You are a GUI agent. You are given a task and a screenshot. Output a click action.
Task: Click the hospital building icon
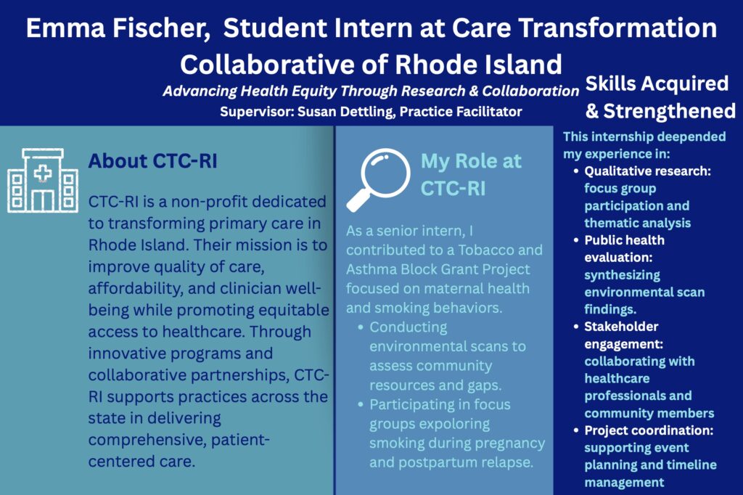[x=43, y=180]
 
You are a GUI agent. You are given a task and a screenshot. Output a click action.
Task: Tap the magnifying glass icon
[x=379, y=179]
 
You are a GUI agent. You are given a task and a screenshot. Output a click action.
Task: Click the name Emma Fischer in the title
[x=118, y=28]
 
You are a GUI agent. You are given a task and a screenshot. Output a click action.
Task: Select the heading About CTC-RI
[x=152, y=160]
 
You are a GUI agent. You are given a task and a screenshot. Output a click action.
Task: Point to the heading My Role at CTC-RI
[x=471, y=174]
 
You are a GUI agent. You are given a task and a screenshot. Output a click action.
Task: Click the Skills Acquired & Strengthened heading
[x=660, y=97]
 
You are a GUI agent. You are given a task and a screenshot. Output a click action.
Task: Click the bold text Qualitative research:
[x=647, y=171]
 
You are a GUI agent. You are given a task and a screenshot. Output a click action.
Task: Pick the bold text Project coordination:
[x=649, y=430]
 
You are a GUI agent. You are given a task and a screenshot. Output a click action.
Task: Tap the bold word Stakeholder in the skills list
[x=621, y=327]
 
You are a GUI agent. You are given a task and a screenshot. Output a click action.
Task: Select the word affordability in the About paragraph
[x=136, y=288]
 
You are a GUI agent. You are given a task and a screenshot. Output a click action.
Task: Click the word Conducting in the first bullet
[x=408, y=327]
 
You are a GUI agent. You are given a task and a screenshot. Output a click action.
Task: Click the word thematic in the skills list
[x=609, y=223]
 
